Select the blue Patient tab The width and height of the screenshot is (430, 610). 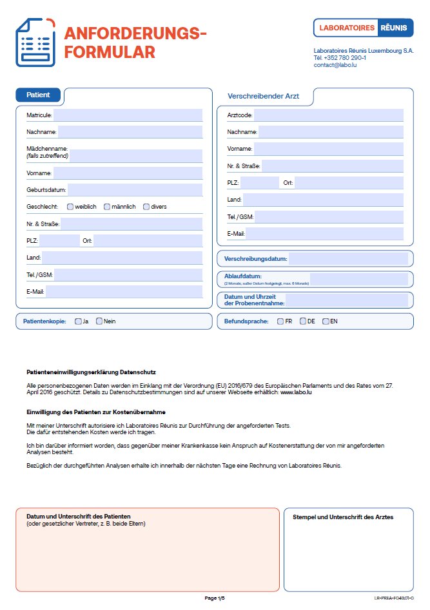(38, 95)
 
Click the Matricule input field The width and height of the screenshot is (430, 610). (128, 115)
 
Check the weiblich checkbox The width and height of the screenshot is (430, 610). (70, 207)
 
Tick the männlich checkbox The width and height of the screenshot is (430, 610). (106, 207)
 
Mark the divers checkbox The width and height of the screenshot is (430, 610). (146, 207)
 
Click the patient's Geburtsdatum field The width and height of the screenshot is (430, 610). (135, 189)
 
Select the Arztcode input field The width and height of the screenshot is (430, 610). (328, 115)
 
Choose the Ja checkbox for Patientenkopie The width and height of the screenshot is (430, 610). (78, 321)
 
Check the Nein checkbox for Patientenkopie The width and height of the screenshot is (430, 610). (99, 321)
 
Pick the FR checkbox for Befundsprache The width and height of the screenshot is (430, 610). (280, 321)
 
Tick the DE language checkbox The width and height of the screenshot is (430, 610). (303, 321)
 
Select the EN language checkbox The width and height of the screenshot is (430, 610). (326, 321)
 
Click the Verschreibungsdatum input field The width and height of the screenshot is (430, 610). (347, 259)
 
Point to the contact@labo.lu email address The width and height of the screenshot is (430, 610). (335, 65)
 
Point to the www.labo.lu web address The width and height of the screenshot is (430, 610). (297, 392)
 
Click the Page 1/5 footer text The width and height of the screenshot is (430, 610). (215, 598)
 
